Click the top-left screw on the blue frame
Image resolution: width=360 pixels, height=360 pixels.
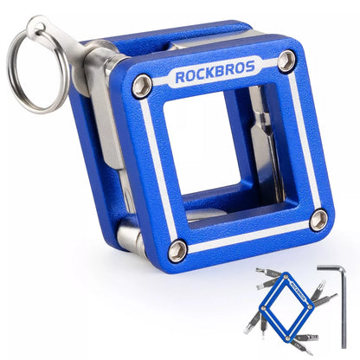pos(143,84)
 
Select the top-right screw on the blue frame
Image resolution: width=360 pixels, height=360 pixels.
pos(286,61)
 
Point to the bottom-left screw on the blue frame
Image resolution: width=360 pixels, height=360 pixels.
pos(177,251)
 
